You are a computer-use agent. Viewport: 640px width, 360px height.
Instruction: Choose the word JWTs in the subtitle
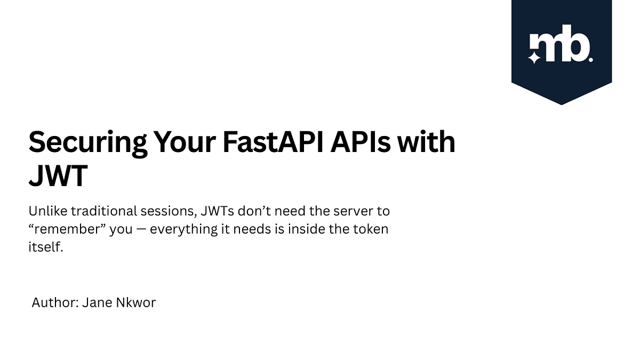pyautogui.click(x=218, y=211)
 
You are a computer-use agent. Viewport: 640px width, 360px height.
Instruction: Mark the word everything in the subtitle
pyautogui.click(x=183, y=230)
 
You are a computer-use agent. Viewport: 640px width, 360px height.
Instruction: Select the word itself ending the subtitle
pyautogui.click(x=46, y=248)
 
